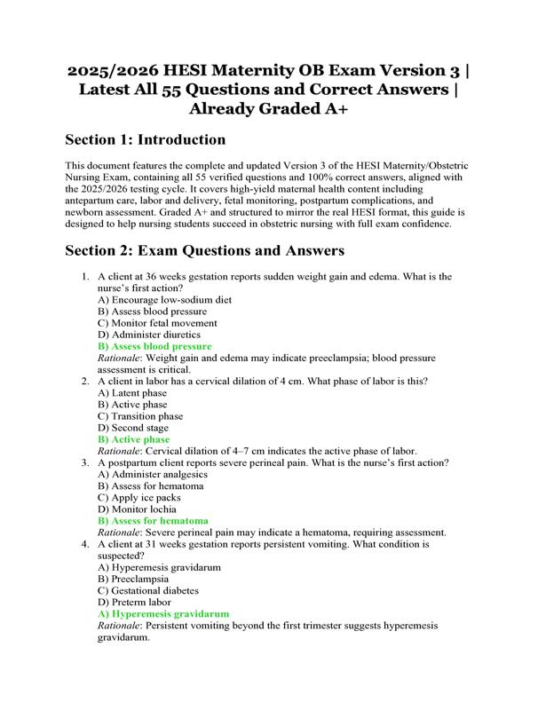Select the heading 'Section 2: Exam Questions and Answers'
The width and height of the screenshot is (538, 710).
pyautogui.click(x=205, y=251)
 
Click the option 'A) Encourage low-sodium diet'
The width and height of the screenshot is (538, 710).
pyautogui.click(x=165, y=300)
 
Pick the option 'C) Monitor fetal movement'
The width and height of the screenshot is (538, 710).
pyautogui.click(x=158, y=323)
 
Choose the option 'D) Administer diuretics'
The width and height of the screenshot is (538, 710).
pyautogui.click(x=149, y=335)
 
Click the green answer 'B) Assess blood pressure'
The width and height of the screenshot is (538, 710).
pyautogui.click(x=155, y=346)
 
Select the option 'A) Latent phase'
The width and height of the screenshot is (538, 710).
pyautogui.click(x=132, y=393)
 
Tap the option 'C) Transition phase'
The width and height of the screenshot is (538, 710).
pyautogui.click(x=140, y=416)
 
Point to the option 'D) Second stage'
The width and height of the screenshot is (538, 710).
pyautogui.click(x=134, y=428)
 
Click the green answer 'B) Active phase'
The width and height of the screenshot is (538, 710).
pyautogui.click(x=134, y=439)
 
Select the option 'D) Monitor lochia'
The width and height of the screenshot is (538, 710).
pyautogui.click(x=138, y=509)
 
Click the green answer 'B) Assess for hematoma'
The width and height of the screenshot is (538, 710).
pyautogui.click(x=154, y=521)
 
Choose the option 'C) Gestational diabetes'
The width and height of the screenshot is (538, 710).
pyautogui.click(x=148, y=590)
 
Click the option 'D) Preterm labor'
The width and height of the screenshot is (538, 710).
pyautogui.click(x=136, y=602)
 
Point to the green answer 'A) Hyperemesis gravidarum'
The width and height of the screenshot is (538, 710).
pyautogui.click(x=164, y=613)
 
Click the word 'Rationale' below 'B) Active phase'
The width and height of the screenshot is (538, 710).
pyautogui.click(x=120, y=451)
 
